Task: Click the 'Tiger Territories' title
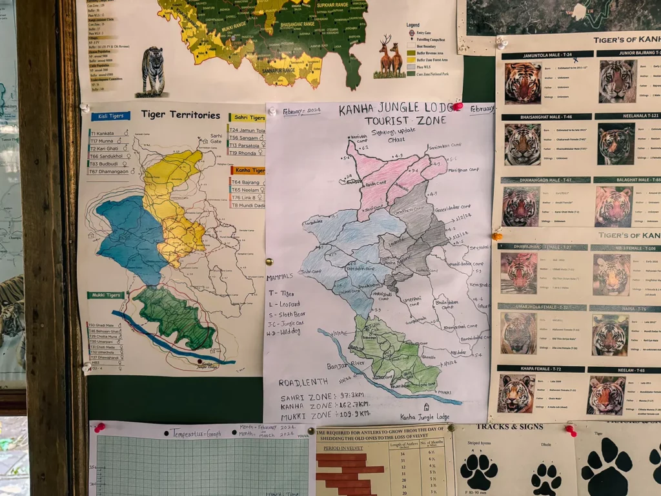click(x=180, y=115)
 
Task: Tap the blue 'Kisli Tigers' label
click(x=110, y=116)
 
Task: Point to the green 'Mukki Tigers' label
click(x=106, y=295)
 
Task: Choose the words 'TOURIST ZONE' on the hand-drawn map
click(x=396, y=120)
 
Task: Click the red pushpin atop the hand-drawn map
click(x=458, y=106)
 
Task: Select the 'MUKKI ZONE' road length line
click(x=325, y=413)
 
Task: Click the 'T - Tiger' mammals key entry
click(x=281, y=293)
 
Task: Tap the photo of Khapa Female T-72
click(x=516, y=393)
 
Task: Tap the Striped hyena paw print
click(x=478, y=471)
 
